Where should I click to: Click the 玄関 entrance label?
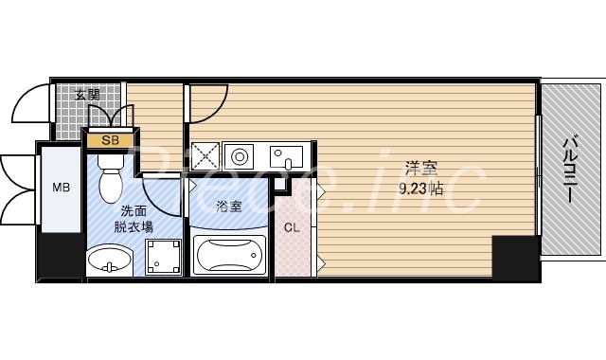[x=88, y=94]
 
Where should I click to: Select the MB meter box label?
[x=61, y=187]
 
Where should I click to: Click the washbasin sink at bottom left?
[x=110, y=258]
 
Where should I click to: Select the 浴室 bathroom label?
[x=228, y=205]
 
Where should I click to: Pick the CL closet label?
[x=293, y=226]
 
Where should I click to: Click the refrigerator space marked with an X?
[x=205, y=156]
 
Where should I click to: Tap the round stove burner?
[x=239, y=156]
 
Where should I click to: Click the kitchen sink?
[x=287, y=156]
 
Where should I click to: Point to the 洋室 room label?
[x=420, y=170]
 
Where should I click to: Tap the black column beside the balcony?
[x=514, y=256]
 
